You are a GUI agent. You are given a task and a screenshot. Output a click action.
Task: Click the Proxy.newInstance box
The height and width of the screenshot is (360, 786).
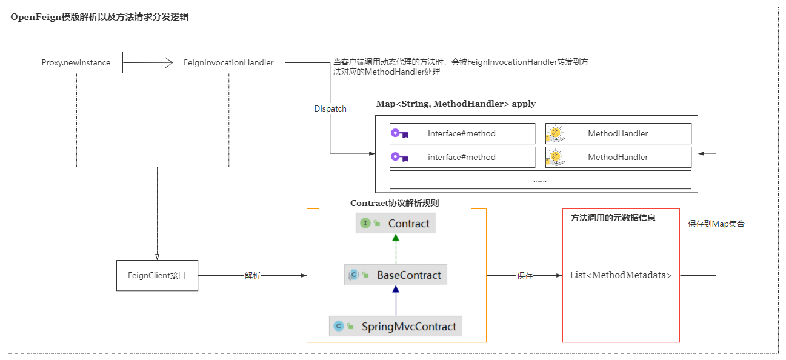[x=76, y=62]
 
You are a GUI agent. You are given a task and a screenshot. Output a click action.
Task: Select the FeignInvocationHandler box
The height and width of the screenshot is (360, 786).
[x=228, y=62]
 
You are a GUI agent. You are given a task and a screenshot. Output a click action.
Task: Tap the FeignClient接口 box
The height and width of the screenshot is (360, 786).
[x=157, y=275]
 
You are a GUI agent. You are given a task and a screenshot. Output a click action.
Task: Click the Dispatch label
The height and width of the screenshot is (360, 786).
[x=330, y=108]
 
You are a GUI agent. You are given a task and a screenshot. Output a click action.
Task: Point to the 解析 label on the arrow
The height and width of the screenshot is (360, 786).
[x=253, y=276]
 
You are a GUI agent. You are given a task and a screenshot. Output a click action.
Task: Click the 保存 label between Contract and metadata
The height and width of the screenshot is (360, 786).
[x=525, y=276]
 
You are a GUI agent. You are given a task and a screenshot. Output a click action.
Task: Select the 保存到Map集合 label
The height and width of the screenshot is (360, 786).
[x=716, y=224]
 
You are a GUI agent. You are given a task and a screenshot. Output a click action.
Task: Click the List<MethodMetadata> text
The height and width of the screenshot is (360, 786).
[x=621, y=275]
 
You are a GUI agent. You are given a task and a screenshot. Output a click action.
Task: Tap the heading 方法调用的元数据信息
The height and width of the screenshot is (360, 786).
[x=613, y=218]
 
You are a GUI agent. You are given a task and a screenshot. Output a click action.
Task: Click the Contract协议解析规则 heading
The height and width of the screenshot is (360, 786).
[x=395, y=203]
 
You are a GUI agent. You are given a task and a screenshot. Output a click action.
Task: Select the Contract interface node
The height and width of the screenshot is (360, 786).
[x=395, y=223]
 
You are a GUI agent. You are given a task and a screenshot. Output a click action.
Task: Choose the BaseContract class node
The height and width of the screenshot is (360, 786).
[x=395, y=275]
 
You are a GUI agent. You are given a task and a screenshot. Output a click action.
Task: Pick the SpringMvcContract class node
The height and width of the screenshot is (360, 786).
[x=395, y=326]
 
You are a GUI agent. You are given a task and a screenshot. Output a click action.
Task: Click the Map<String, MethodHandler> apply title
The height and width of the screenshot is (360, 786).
[x=456, y=104]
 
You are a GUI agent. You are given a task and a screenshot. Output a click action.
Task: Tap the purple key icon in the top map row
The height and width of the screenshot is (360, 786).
[x=400, y=133]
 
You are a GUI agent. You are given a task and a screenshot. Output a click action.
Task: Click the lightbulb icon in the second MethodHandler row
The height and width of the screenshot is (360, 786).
[x=555, y=157]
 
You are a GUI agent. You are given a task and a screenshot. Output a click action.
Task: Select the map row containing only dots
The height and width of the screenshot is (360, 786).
[x=540, y=180]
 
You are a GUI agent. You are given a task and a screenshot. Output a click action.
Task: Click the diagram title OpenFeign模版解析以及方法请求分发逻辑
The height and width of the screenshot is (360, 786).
[x=99, y=17]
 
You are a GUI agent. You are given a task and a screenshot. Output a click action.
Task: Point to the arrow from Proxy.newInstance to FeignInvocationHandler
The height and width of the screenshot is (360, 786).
[x=148, y=62]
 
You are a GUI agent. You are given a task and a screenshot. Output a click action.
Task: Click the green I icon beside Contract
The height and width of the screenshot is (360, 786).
[x=365, y=223]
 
